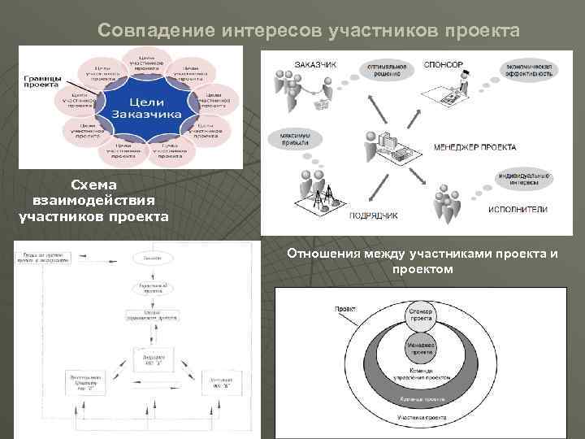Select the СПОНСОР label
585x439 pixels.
click(444, 64)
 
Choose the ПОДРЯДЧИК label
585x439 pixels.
click(373, 216)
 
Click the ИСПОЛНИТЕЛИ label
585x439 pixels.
click(518, 209)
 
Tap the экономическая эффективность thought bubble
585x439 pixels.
click(529, 69)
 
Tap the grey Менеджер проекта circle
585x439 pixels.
click(421, 348)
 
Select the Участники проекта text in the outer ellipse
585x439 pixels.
click(420, 416)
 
